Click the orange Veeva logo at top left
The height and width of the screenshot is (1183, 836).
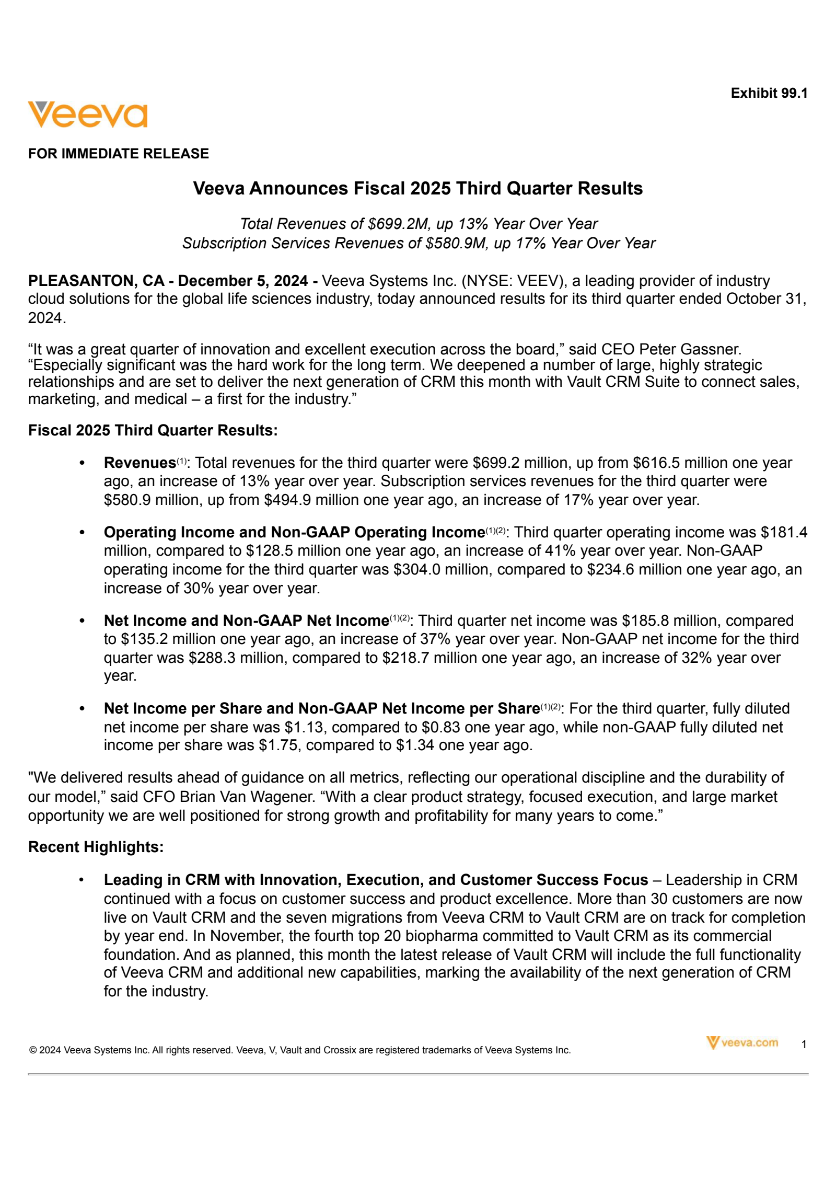(87, 114)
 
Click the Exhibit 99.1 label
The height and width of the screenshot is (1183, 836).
(769, 93)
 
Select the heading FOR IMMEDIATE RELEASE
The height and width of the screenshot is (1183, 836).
(118, 154)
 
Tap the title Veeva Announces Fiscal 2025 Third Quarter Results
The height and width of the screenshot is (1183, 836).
(417, 188)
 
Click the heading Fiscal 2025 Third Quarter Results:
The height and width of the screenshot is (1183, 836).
(153, 430)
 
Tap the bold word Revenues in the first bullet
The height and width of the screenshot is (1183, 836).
(140, 463)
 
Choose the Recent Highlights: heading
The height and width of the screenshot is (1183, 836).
(96, 847)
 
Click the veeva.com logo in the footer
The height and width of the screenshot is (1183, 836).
(742, 1043)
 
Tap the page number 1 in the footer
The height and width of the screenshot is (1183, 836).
(804, 1044)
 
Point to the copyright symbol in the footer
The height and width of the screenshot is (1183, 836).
(32, 1050)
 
